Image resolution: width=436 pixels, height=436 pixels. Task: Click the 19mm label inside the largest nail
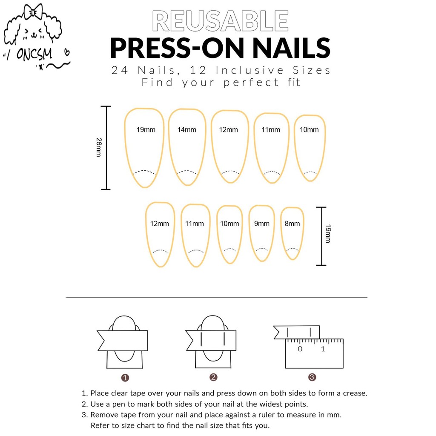[146, 129]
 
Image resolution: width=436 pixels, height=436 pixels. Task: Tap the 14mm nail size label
[186, 129]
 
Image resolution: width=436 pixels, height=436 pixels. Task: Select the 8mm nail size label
[292, 224]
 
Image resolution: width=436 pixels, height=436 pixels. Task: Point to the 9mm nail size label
[262, 224]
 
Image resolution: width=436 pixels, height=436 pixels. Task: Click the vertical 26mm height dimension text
[99, 147]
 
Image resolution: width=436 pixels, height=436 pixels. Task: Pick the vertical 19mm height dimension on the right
[328, 234]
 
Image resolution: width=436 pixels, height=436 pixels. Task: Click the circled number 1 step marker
[125, 378]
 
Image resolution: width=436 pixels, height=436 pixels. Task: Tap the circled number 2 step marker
[213, 377]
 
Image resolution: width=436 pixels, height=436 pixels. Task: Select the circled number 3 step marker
[312, 377]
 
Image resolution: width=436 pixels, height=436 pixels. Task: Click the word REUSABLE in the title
[220, 21]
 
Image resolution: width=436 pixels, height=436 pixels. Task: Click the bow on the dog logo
[33, 12]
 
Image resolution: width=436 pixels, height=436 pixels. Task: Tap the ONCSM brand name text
[34, 54]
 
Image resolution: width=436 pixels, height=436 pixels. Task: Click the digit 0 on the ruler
[300, 349]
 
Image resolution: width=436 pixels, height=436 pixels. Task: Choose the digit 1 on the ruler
[323, 349]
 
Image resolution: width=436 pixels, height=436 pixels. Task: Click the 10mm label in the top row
[309, 129]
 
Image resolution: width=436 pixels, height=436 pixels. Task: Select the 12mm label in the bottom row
[159, 224]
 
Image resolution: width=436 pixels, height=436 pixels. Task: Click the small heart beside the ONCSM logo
[67, 52]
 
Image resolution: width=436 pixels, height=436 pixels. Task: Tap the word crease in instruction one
[355, 393]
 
